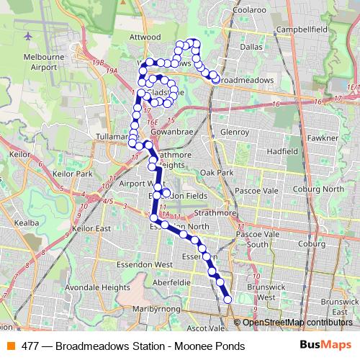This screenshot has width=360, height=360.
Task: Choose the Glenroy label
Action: coord(235,132)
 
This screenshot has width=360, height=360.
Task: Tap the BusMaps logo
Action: coord(325,346)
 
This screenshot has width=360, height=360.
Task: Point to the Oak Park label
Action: coord(217,173)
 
